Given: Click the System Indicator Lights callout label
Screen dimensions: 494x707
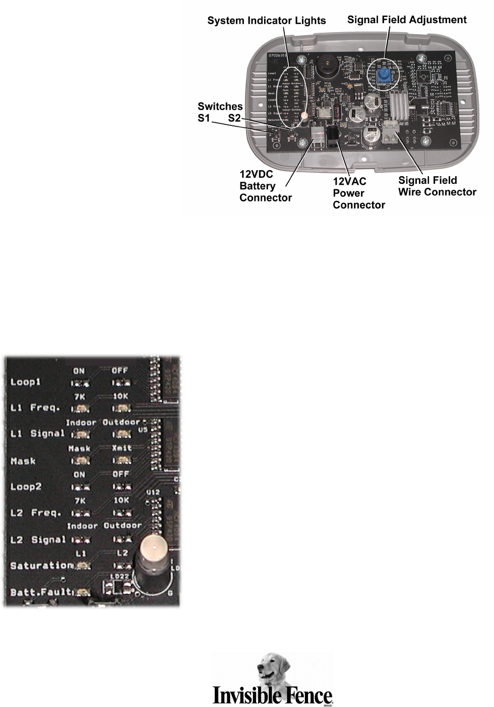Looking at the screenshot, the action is tap(267, 21).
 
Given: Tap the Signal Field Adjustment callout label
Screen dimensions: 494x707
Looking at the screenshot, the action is tap(407, 20).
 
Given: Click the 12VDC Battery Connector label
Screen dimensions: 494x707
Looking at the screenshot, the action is tap(265, 186).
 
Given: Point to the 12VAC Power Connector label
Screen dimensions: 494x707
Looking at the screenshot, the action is tap(358, 193).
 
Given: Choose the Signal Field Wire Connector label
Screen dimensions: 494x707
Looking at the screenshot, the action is tap(437, 186).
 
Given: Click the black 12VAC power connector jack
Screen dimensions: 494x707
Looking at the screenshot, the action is tap(333, 135).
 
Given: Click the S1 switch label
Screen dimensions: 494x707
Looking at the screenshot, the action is tap(204, 119).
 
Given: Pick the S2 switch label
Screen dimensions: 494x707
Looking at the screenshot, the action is tap(234, 119).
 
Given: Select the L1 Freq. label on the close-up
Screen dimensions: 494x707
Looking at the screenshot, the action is tap(35, 407).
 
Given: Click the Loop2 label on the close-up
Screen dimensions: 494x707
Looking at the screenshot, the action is tap(26, 487).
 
